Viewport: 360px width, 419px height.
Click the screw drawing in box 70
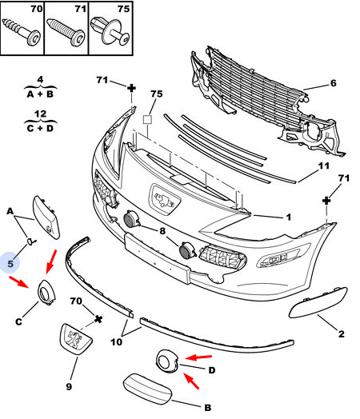21,32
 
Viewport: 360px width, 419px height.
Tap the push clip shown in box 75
110,32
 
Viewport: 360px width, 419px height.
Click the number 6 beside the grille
334,83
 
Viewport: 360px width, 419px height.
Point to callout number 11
324,166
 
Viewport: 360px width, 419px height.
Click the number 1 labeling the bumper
288,217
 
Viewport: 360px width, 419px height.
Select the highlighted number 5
10,264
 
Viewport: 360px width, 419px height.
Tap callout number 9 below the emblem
69,386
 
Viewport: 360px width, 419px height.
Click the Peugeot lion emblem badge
76,339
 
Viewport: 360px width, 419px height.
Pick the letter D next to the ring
212,370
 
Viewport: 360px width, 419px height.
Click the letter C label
18,321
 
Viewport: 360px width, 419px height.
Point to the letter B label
208,408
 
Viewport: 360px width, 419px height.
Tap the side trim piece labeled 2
318,303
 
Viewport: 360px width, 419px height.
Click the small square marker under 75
147,119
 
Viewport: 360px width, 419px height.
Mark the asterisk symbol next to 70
98,319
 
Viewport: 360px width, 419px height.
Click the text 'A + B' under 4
40,94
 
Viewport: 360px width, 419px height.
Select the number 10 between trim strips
116,341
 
